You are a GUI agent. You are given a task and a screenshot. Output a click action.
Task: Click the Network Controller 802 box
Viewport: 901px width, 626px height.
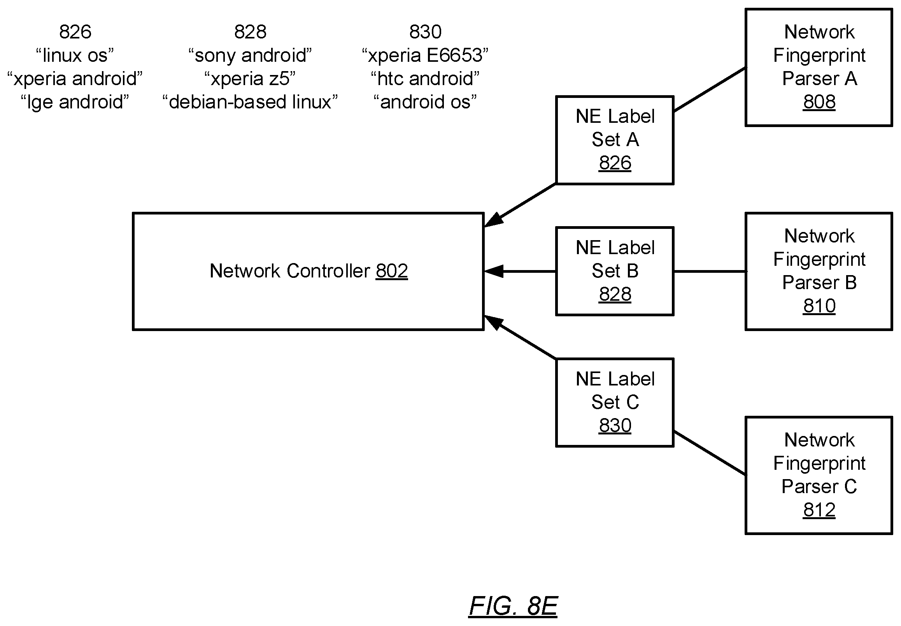(x=308, y=271)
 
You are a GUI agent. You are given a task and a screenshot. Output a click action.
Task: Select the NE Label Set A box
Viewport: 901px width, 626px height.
(x=615, y=140)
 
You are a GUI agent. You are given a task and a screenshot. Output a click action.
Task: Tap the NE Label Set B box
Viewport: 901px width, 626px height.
(x=615, y=271)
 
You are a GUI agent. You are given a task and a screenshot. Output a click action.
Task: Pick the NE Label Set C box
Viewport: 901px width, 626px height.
(x=615, y=402)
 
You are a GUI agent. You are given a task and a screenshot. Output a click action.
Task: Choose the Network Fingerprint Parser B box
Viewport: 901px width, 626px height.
(x=819, y=271)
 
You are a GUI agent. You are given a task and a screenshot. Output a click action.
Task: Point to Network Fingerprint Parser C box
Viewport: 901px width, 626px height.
(x=819, y=475)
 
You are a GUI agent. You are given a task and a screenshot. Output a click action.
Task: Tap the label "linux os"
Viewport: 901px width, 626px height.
(x=75, y=55)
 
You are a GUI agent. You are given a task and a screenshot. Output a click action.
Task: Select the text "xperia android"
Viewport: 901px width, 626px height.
(x=75, y=78)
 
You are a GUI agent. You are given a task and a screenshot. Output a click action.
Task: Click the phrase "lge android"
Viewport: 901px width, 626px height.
(x=75, y=102)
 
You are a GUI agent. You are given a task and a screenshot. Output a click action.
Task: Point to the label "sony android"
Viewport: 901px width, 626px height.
(x=250, y=55)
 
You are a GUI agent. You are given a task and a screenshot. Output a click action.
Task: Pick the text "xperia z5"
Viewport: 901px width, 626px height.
(x=250, y=78)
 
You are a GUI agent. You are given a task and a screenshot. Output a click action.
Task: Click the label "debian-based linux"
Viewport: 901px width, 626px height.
(x=250, y=102)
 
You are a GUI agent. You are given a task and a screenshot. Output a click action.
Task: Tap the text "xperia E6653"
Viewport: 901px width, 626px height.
(x=425, y=55)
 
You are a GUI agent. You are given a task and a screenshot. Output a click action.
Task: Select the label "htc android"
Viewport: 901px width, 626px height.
(x=425, y=78)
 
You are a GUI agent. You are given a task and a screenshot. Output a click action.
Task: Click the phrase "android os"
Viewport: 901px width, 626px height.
(x=425, y=102)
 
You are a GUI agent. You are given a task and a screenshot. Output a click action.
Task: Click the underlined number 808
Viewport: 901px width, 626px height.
(x=819, y=102)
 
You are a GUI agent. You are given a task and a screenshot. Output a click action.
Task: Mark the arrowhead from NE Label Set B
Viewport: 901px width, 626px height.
(x=493, y=271)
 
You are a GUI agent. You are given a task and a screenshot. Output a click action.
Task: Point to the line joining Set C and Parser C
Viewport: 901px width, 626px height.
(x=710, y=453)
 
